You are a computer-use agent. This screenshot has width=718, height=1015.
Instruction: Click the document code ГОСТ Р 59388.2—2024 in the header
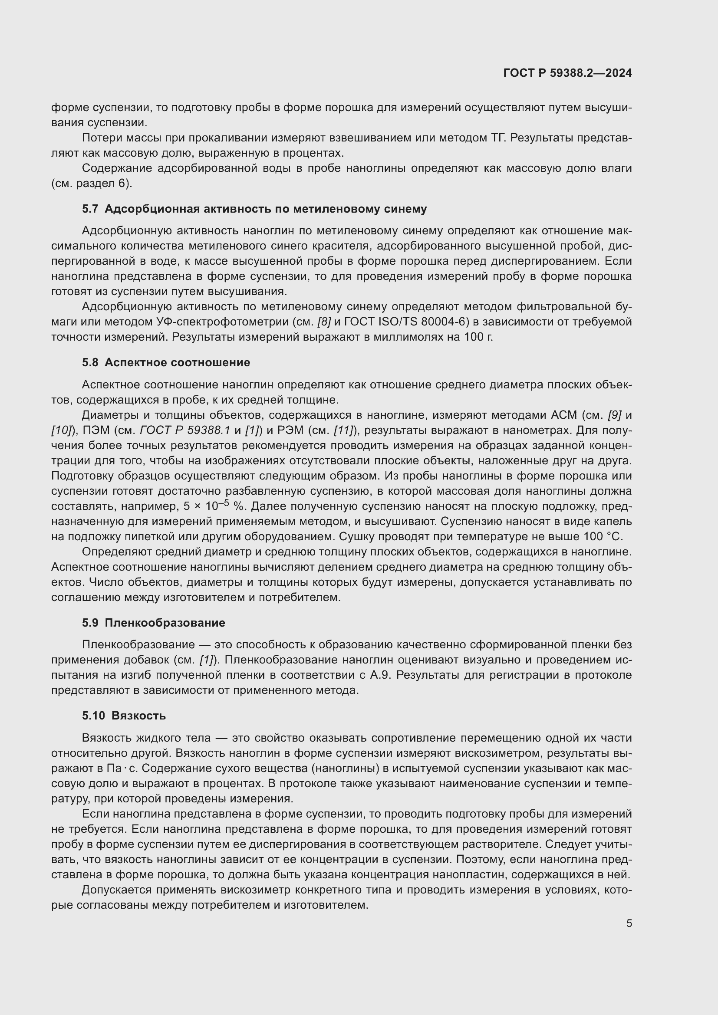coord(567,73)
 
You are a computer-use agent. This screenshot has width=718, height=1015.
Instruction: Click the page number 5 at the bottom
coord(629,923)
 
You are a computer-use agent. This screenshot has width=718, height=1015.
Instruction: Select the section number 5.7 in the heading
coord(90,209)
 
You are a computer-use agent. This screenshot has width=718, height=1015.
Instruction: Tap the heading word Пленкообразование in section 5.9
coord(165,622)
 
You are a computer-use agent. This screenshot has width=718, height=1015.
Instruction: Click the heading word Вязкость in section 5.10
coord(138,715)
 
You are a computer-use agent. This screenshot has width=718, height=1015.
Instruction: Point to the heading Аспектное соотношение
coord(177,362)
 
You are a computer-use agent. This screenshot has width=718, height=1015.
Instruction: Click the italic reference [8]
coord(324,322)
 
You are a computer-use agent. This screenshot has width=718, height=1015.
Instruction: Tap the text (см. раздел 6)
coord(92,184)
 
